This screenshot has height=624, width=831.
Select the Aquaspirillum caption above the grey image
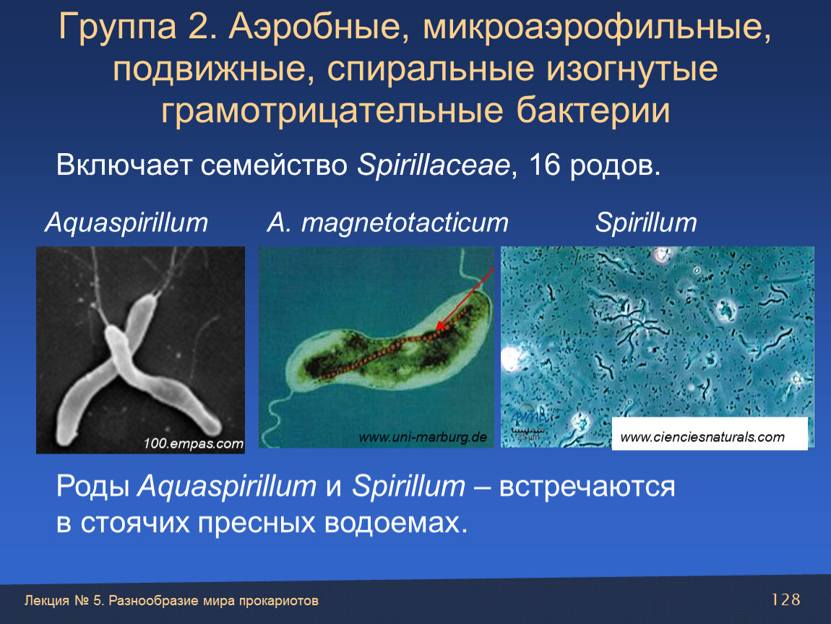(126, 222)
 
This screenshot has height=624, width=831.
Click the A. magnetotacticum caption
(387, 222)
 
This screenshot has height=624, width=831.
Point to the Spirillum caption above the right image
(646, 222)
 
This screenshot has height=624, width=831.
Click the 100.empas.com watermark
(193, 443)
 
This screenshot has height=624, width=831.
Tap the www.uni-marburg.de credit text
(423, 438)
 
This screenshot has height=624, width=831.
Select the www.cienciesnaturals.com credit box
(710, 434)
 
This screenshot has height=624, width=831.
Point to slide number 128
(785, 599)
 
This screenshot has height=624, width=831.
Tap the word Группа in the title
(118, 27)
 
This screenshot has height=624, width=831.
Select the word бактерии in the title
(593, 110)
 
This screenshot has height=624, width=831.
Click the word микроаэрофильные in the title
(596, 27)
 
